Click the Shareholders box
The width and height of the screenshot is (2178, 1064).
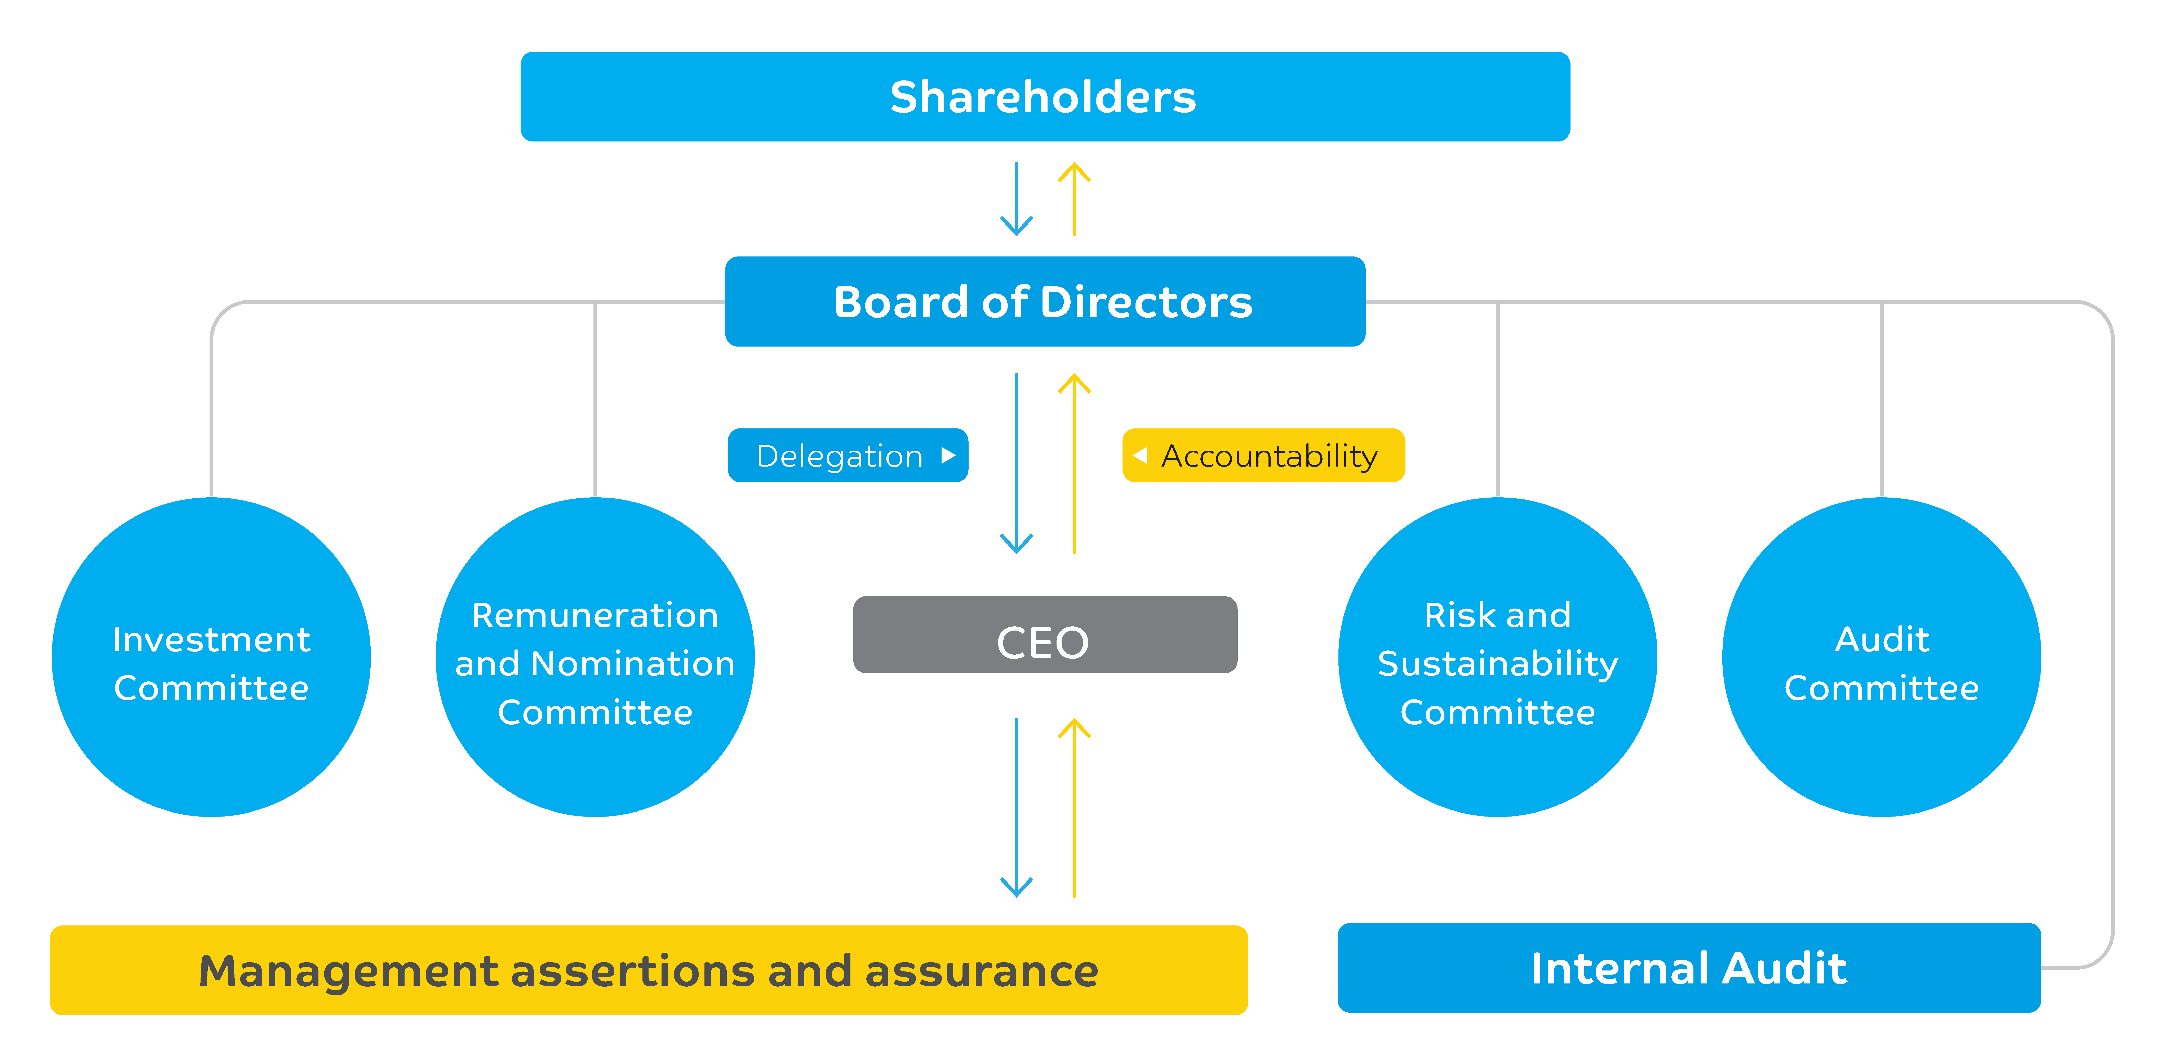pyautogui.click(x=1045, y=96)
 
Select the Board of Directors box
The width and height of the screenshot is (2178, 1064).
pyautogui.click(x=1045, y=302)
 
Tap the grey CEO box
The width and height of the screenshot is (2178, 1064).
pyautogui.click(x=1045, y=635)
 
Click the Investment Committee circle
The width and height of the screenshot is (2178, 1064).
pyautogui.click(x=211, y=657)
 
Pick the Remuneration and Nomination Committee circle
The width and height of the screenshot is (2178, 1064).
pyautogui.click(x=595, y=657)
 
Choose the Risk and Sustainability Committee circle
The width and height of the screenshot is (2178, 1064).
pyautogui.click(x=1497, y=657)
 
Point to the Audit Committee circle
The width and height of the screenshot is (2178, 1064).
pyautogui.click(x=1881, y=657)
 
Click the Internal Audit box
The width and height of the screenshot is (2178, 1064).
pyautogui.click(x=1688, y=968)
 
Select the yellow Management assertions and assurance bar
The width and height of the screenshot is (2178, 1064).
pyautogui.click(x=649, y=970)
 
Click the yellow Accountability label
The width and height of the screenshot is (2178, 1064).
pyautogui.click(x=1263, y=456)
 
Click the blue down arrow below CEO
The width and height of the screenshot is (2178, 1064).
pyautogui.click(x=1016, y=808)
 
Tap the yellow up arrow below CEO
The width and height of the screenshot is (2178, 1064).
pyautogui.click(x=1074, y=808)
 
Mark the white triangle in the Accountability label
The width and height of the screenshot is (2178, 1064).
pyautogui.click(x=1140, y=456)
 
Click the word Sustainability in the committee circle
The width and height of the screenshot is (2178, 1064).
pyautogui.click(x=1497, y=664)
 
